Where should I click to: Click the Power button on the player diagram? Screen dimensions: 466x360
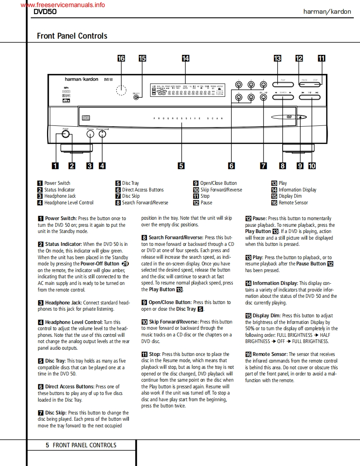[x=65, y=135]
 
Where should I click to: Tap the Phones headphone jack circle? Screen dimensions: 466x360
[x=91, y=135]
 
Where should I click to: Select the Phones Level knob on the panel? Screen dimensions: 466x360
[x=102, y=135]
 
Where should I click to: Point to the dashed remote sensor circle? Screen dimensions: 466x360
[x=121, y=90]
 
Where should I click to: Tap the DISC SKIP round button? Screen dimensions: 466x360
[x=264, y=98]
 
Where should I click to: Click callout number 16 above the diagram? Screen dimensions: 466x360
[x=121, y=59]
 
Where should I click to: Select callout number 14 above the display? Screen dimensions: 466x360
[x=185, y=59]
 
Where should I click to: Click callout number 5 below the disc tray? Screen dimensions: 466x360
[x=181, y=166]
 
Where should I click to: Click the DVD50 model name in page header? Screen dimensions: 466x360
[x=45, y=12]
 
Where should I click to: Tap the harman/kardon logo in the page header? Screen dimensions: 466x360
[x=327, y=12]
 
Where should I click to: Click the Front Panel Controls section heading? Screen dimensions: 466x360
[x=72, y=36]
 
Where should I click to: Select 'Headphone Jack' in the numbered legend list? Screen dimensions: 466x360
[x=60, y=196]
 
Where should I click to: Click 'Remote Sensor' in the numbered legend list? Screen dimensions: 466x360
[x=293, y=203]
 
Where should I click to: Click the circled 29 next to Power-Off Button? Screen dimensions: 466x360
[x=125, y=264]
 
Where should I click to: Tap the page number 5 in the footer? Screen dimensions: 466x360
[x=47, y=445]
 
